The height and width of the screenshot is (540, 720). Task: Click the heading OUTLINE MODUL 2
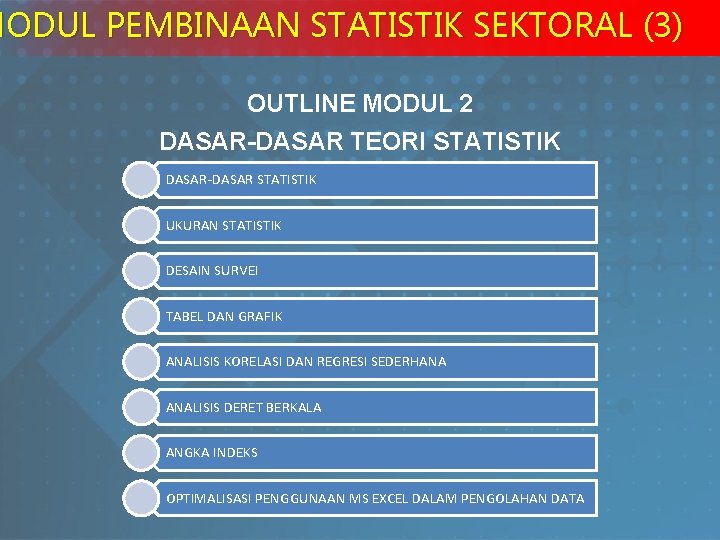[x=360, y=104]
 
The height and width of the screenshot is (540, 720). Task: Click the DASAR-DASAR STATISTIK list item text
[x=241, y=180]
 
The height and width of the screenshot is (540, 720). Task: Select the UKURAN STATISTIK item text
[x=224, y=226]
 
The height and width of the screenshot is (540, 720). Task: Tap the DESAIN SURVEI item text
[x=212, y=271]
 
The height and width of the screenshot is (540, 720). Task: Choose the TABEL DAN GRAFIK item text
[x=224, y=316]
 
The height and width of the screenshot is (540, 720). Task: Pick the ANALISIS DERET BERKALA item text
[x=244, y=407]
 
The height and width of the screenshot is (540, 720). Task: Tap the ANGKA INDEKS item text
[x=212, y=453]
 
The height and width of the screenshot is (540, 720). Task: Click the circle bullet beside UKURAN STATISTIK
[x=141, y=225]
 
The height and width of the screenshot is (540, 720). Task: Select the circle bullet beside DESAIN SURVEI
[x=141, y=271]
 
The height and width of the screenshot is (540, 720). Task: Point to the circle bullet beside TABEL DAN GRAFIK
[x=141, y=316]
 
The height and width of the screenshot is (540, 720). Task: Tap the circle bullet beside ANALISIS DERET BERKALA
[x=141, y=407]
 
